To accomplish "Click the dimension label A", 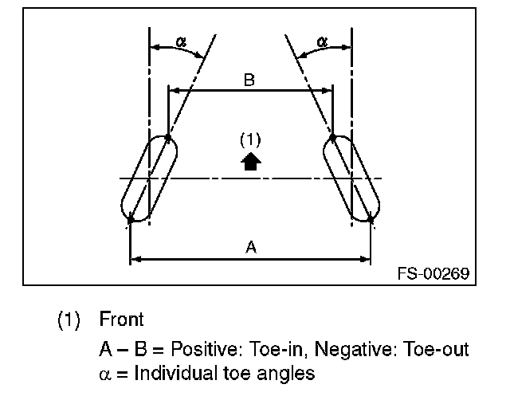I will (x=250, y=248).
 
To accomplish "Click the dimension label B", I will (x=249, y=80).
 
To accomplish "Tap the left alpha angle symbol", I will (x=181, y=41).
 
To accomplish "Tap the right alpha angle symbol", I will (x=323, y=41).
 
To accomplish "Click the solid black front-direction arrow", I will (x=251, y=161).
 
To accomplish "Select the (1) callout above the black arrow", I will (x=250, y=140).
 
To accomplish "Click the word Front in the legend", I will (x=121, y=320).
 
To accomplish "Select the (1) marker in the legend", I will (x=69, y=320).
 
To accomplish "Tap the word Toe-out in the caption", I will (x=437, y=349).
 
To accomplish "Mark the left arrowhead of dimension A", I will (x=134, y=258).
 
